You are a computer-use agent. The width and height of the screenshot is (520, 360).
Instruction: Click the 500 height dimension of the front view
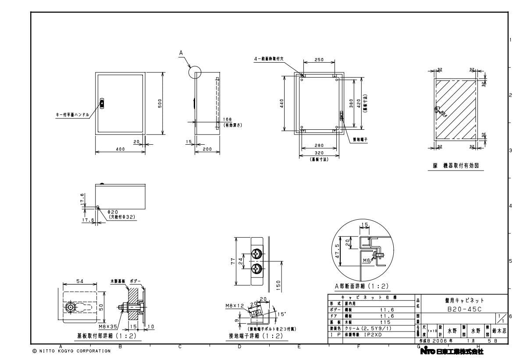point(160,103)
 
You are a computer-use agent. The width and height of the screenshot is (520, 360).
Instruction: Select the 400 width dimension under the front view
point(120,149)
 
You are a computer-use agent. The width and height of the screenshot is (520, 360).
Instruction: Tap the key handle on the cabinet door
point(102,103)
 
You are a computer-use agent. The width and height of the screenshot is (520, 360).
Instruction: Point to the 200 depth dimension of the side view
point(208,149)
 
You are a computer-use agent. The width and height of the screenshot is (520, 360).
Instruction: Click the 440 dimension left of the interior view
point(282,103)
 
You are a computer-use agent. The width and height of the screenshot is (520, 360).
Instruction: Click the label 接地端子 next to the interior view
point(360,140)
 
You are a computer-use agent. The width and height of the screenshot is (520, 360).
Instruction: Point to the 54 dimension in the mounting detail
point(79,281)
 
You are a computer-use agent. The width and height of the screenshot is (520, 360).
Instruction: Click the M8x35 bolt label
point(107,326)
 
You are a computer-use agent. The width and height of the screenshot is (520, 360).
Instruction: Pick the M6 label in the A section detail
point(367,260)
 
